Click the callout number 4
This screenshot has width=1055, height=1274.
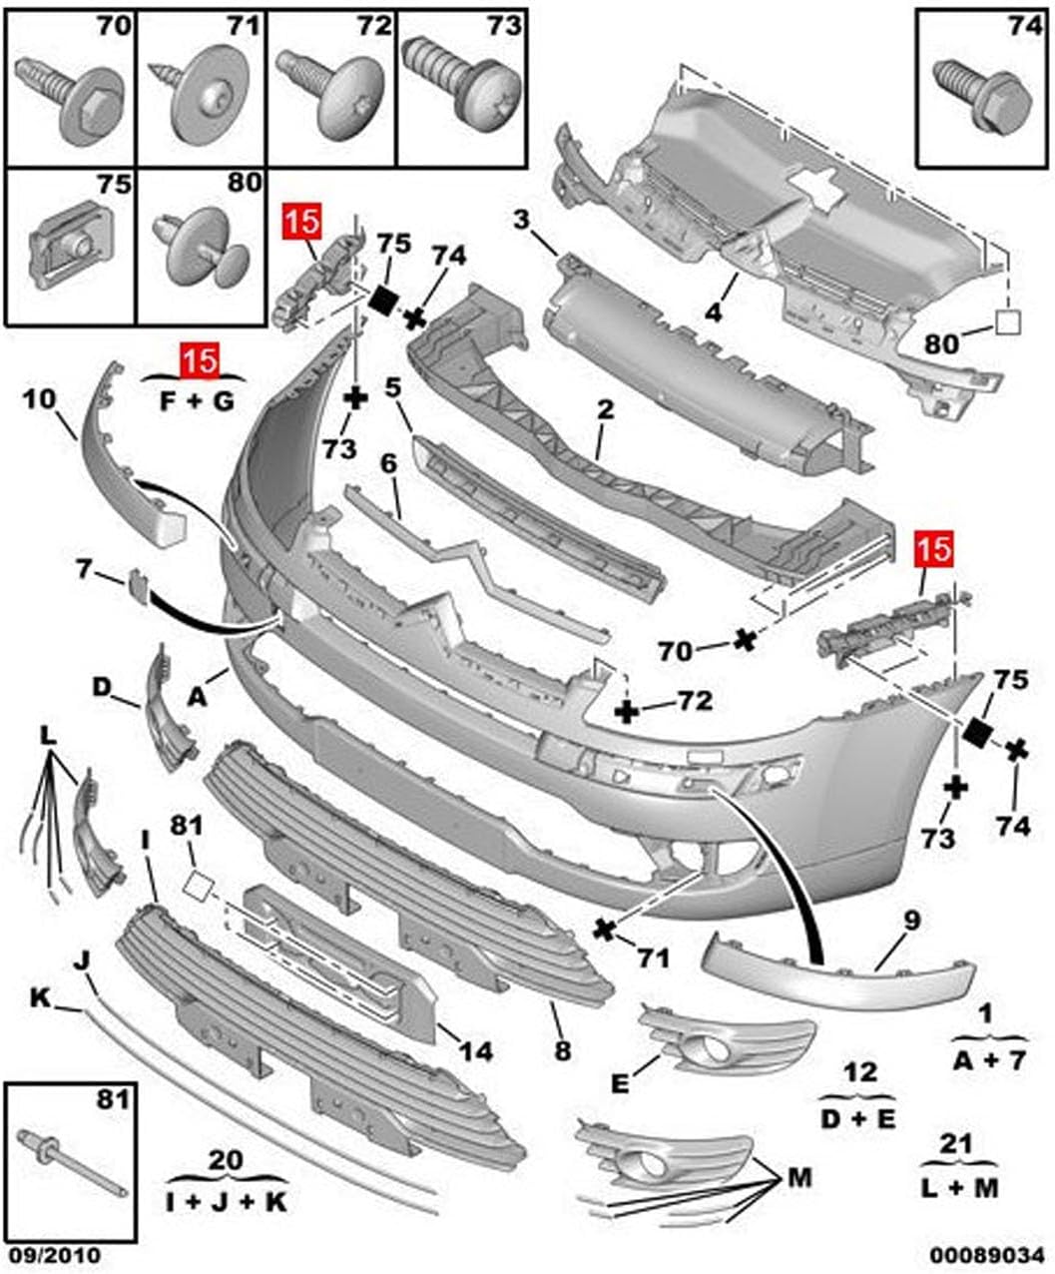713,313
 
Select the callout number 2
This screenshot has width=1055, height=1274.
605,410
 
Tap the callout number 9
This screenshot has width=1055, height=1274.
911,920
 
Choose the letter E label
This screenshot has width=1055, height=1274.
620,1083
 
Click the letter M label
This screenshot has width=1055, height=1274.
798,1178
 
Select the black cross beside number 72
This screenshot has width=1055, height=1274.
627,711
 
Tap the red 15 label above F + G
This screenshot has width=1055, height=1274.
201,359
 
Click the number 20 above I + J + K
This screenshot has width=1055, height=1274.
226,1160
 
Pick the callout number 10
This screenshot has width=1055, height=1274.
39,399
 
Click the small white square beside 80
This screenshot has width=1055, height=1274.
1007,320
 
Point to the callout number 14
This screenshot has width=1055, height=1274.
476,1050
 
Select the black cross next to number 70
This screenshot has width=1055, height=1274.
743,640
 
